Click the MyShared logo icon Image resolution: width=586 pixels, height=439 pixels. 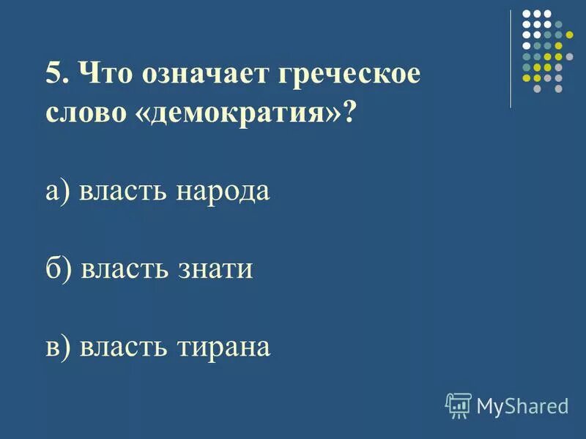coord(459,404)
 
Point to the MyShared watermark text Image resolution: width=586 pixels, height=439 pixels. coord(522,405)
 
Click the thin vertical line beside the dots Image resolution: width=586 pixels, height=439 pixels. coord(511,59)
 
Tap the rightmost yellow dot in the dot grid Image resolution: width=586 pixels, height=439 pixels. coord(569,34)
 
